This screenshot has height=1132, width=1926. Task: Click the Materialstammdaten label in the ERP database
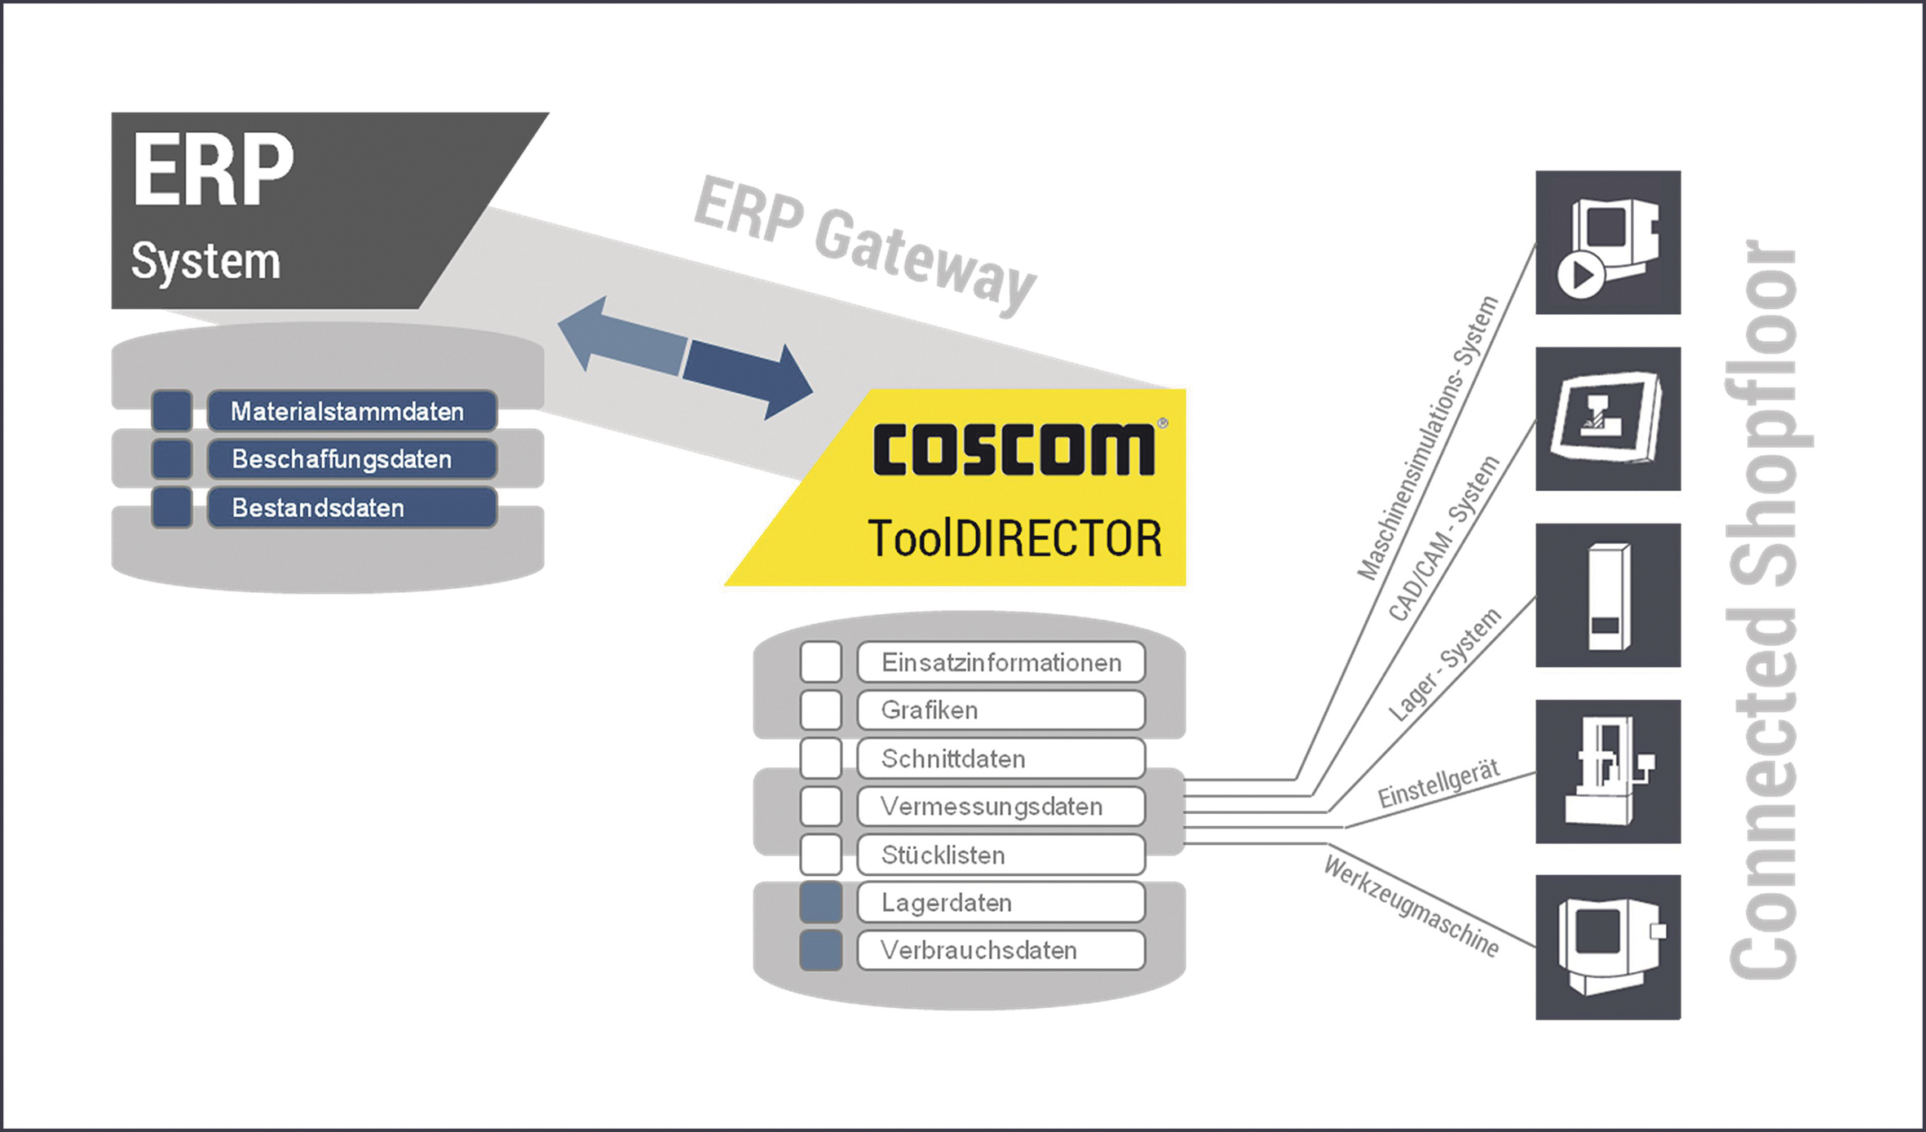pyautogui.click(x=352, y=410)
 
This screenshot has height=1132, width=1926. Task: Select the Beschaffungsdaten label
pyautogui.click(x=352, y=459)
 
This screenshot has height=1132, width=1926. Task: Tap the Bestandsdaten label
pyautogui.click(x=352, y=507)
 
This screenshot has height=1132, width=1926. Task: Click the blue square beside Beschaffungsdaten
pyautogui.click(x=172, y=459)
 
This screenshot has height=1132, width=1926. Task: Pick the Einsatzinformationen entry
pyautogui.click(x=1001, y=662)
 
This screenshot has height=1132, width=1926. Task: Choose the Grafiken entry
pyautogui.click(x=1001, y=710)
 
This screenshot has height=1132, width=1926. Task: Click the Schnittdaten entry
pyautogui.click(x=1001, y=758)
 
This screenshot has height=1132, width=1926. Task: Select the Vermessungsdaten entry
pyautogui.click(x=1001, y=807)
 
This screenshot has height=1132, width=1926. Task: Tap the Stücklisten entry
pyautogui.click(x=1001, y=855)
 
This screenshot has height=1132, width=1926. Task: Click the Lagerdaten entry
pyautogui.click(x=1001, y=903)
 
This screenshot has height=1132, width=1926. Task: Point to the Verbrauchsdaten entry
pyautogui.click(x=1001, y=950)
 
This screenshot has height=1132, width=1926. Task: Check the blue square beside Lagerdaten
pyautogui.click(x=821, y=903)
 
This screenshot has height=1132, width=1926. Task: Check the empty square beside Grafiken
pyautogui.click(x=821, y=710)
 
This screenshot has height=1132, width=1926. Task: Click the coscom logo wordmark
pyautogui.click(x=1015, y=449)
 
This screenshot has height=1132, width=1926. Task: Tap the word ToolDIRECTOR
pyautogui.click(x=1015, y=539)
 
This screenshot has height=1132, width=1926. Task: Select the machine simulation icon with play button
pyautogui.click(x=1608, y=242)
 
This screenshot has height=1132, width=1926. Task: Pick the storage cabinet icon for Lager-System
pyautogui.click(x=1608, y=595)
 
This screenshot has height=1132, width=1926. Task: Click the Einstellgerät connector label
pyautogui.click(x=1438, y=784)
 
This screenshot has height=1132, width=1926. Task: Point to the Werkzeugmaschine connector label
pyautogui.click(x=1411, y=905)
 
